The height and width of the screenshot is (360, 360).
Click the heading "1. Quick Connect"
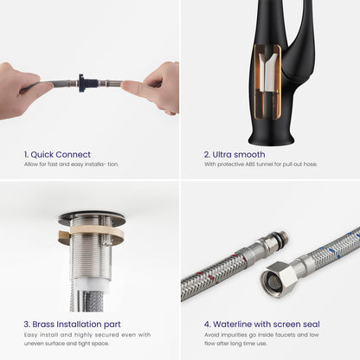57,155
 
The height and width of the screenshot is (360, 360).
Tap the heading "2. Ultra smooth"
235,155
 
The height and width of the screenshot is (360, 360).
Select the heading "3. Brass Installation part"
72,325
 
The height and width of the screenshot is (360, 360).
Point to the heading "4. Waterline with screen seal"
262,325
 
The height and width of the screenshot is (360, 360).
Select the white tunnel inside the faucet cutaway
267,73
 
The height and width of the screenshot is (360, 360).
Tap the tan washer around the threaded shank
92,231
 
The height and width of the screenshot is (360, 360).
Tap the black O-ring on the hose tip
280,235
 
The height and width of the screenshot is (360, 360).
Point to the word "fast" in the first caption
52,164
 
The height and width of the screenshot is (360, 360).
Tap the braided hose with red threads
213,274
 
